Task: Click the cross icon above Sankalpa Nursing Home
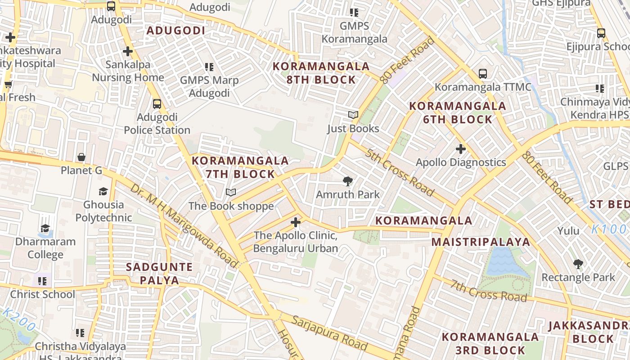pos(128,51)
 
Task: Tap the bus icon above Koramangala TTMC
pos(483,73)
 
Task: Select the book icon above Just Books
pos(353,115)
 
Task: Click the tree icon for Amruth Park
pos(347,181)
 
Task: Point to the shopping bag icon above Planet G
pos(81,157)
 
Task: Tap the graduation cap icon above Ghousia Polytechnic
pos(103,191)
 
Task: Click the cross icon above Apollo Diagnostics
pos(461,148)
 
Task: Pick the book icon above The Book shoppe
pos(231,193)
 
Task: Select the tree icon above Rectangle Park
pos(578,264)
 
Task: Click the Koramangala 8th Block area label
pos(321,73)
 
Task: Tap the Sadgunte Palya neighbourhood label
pos(159,273)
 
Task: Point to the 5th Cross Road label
pos(400,173)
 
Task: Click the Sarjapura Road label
pos(329,333)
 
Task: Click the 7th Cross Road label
pos(489,291)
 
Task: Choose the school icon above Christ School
pos(42,281)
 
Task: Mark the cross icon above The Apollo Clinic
pos(295,222)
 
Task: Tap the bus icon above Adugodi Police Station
pos(157,104)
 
